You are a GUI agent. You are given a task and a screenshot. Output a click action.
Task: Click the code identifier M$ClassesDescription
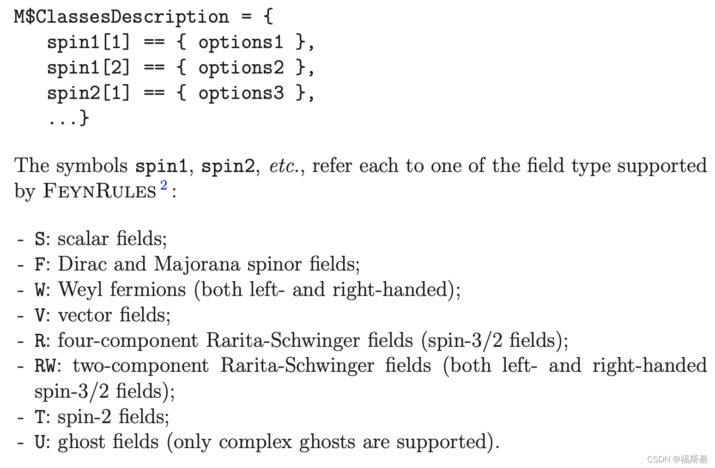(x=121, y=17)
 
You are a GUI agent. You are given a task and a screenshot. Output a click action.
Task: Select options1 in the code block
(x=241, y=42)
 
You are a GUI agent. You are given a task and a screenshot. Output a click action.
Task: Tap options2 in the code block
(x=241, y=68)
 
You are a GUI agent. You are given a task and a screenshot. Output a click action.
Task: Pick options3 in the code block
(x=241, y=93)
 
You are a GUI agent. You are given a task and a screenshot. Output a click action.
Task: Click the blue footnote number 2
(x=164, y=185)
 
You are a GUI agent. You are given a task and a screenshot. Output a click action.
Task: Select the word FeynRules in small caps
(x=99, y=191)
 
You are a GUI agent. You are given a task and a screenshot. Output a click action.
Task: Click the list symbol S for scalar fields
(x=40, y=240)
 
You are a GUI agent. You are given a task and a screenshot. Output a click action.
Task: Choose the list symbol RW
(x=45, y=366)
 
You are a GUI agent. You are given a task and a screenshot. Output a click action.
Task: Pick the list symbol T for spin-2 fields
(x=40, y=417)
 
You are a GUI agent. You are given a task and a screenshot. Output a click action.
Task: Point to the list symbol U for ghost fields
(x=40, y=443)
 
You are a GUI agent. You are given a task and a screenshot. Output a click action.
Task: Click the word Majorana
(x=197, y=265)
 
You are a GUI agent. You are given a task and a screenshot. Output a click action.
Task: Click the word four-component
(x=128, y=341)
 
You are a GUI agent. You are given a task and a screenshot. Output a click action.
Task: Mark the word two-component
(x=141, y=366)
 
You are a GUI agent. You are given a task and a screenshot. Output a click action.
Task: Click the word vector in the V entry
(x=85, y=315)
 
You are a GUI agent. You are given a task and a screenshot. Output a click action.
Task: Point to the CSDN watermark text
(x=677, y=459)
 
